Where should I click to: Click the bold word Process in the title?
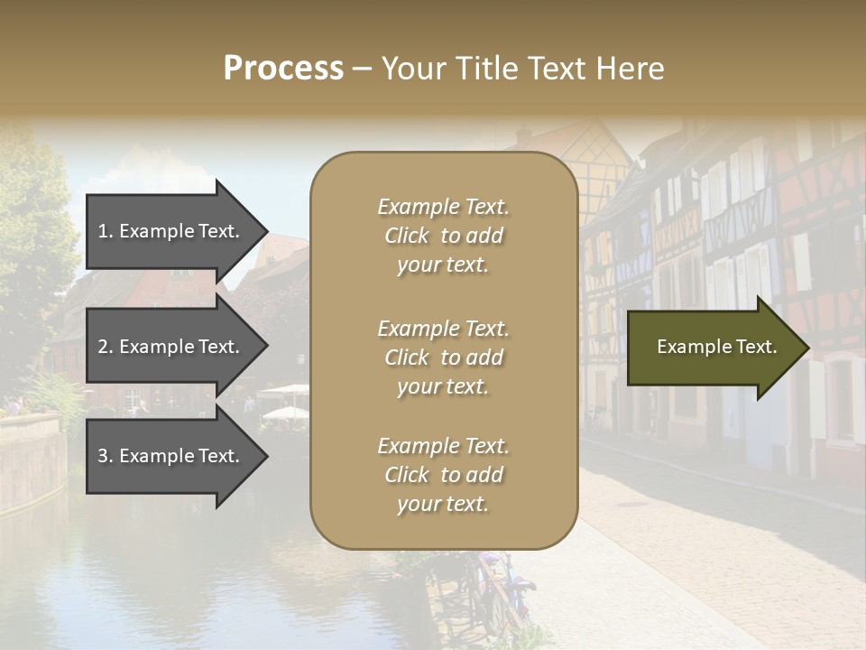point(283,69)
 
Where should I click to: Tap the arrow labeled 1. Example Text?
point(171,231)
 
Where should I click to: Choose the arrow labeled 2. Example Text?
point(171,347)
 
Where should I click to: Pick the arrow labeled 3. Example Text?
point(171,456)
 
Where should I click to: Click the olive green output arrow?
point(713,348)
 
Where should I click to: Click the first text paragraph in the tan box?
point(444,236)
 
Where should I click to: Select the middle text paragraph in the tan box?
point(444,357)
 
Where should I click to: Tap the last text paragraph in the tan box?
point(444,475)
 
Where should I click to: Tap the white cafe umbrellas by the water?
point(285,402)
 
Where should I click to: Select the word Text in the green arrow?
point(756,347)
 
